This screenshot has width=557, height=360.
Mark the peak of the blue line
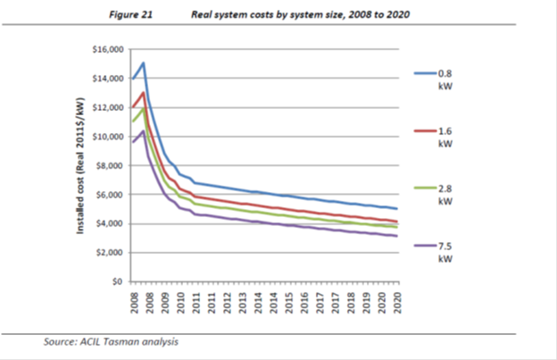(x=143, y=63)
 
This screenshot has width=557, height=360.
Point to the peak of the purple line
(x=143, y=131)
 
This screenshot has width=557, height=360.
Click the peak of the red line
(x=143, y=92)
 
